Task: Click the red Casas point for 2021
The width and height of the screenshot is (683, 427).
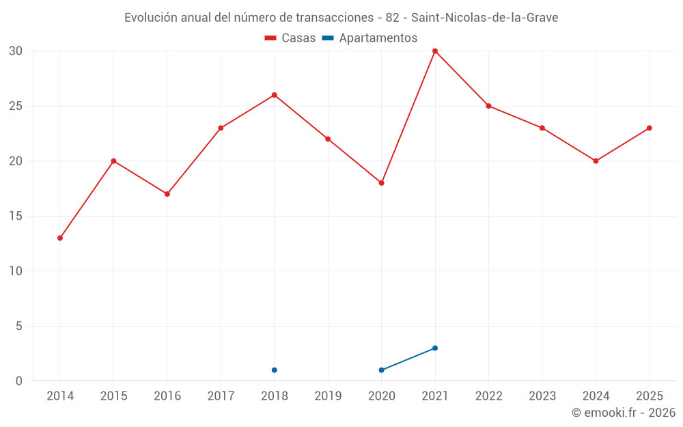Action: [434, 51]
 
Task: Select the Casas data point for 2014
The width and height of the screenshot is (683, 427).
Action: [60, 238]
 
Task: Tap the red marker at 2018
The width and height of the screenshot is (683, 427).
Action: [275, 95]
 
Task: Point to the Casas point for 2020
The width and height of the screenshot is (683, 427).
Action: [382, 183]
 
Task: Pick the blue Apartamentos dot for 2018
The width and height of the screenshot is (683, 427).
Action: [275, 370]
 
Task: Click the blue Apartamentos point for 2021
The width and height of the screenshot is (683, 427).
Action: [434, 348]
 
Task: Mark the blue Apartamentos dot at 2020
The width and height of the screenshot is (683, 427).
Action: [382, 370]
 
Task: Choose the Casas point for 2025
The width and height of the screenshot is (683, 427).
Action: [649, 128]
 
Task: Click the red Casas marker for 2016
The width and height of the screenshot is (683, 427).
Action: [167, 194]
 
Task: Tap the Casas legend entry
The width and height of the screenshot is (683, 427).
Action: [290, 38]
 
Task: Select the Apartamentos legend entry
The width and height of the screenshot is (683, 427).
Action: [370, 38]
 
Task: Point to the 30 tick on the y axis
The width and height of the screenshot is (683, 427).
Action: [15, 51]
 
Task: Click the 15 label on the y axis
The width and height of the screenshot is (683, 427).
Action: [15, 216]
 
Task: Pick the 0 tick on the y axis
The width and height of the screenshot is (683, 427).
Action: [18, 381]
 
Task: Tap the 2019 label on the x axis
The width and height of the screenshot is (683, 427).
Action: [328, 396]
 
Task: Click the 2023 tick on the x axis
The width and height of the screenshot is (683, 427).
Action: [542, 396]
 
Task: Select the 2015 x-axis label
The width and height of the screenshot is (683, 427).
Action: [113, 396]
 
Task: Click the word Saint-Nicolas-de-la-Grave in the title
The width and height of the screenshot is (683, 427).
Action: [485, 18]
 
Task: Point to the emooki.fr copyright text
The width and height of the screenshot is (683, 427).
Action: [624, 412]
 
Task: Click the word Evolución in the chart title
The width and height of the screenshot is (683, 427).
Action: [151, 18]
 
